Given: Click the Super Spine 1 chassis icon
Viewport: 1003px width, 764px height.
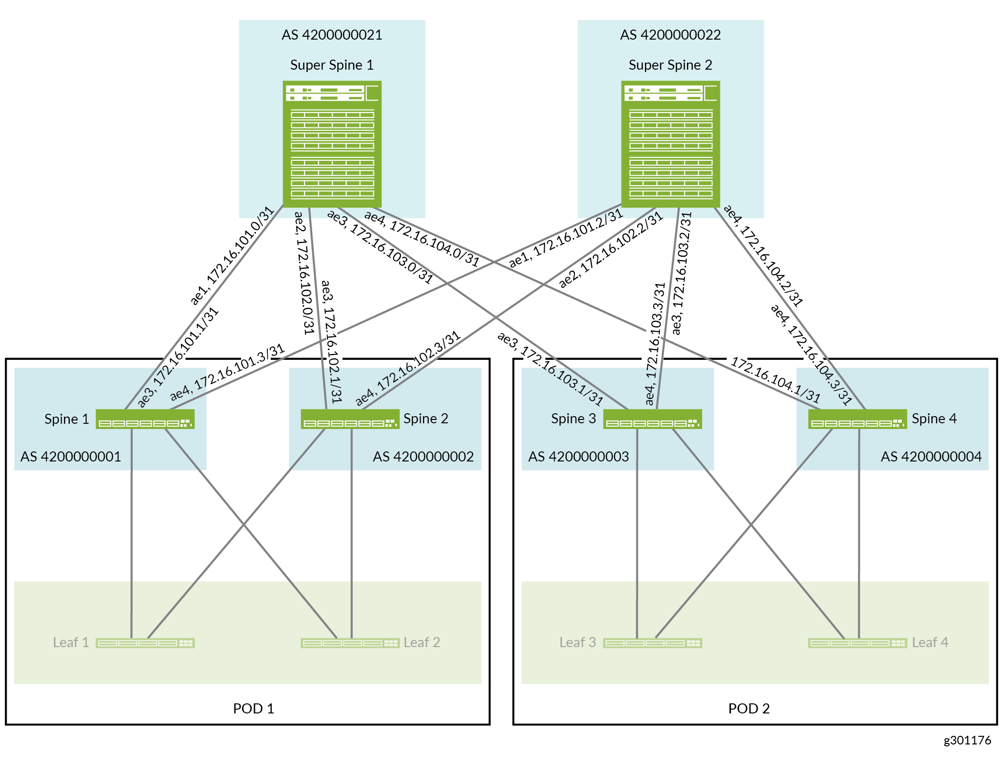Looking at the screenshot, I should click(x=332, y=144).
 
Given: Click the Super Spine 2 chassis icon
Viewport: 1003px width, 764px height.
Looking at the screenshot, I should click(x=670, y=144).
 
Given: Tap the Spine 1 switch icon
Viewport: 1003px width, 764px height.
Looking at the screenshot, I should click(x=145, y=419).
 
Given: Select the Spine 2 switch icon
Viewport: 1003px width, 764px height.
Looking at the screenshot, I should click(x=350, y=419).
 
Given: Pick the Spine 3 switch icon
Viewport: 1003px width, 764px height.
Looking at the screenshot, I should click(x=653, y=419).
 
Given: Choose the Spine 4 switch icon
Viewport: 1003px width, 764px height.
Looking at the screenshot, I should click(x=857, y=419).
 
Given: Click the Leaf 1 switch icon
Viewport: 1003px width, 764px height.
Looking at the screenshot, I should click(x=145, y=643).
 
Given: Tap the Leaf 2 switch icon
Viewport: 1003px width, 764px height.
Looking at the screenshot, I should click(x=350, y=643).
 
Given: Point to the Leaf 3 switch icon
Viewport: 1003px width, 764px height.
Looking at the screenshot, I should click(x=653, y=643).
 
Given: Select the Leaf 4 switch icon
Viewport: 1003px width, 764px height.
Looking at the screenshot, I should click(x=857, y=643).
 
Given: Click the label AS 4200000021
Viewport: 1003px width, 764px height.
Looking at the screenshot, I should click(x=332, y=35).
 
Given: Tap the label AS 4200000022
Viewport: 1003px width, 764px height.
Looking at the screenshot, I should click(x=670, y=35).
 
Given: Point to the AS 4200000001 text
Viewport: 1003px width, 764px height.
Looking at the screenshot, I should click(x=71, y=457).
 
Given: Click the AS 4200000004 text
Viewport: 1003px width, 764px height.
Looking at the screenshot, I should click(x=931, y=457).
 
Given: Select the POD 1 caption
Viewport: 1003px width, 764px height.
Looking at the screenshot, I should click(x=253, y=709).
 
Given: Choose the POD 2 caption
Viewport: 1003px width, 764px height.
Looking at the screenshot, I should click(x=749, y=709).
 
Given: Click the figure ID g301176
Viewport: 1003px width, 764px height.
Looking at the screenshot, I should click(x=967, y=740).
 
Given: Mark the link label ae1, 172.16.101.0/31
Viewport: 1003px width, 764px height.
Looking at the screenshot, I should click(x=232, y=255).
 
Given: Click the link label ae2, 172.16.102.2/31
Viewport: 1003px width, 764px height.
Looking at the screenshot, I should click(x=611, y=250).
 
